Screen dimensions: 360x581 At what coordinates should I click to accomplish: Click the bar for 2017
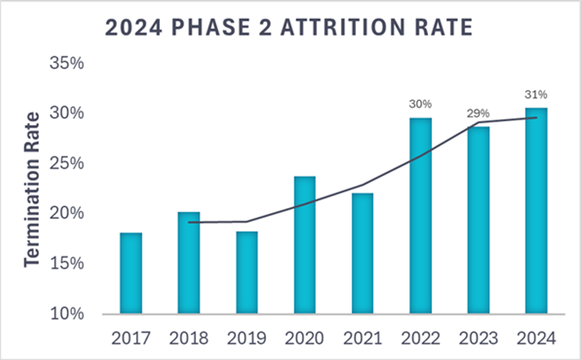(x=131, y=274)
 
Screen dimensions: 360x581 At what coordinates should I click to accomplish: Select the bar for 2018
(x=189, y=263)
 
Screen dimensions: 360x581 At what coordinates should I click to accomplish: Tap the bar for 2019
(x=246, y=273)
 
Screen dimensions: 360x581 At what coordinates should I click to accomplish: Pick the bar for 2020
(x=305, y=246)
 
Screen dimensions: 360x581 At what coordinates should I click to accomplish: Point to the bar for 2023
(x=478, y=220)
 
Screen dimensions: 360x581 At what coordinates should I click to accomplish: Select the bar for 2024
(x=536, y=211)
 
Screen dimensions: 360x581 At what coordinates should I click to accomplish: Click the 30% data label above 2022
(x=420, y=104)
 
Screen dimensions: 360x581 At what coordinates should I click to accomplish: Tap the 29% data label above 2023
(x=478, y=113)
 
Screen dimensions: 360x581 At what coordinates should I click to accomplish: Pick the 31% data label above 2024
(x=536, y=94)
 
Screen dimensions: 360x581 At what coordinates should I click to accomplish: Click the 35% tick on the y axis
(x=67, y=63)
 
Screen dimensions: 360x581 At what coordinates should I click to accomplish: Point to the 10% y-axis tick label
(x=67, y=314)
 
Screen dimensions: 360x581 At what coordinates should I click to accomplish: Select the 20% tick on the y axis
(x=67, y=213)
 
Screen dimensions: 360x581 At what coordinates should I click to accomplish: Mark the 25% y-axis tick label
(x=67, y=164)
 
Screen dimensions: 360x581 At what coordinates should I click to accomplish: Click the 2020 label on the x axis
(x=305, y=338)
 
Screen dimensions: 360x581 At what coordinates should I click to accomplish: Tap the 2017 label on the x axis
(x=131, y=338)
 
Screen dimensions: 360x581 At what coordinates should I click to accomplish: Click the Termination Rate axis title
(x=32, y=189)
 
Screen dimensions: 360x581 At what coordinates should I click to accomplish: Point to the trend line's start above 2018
(x=189, y=222)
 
